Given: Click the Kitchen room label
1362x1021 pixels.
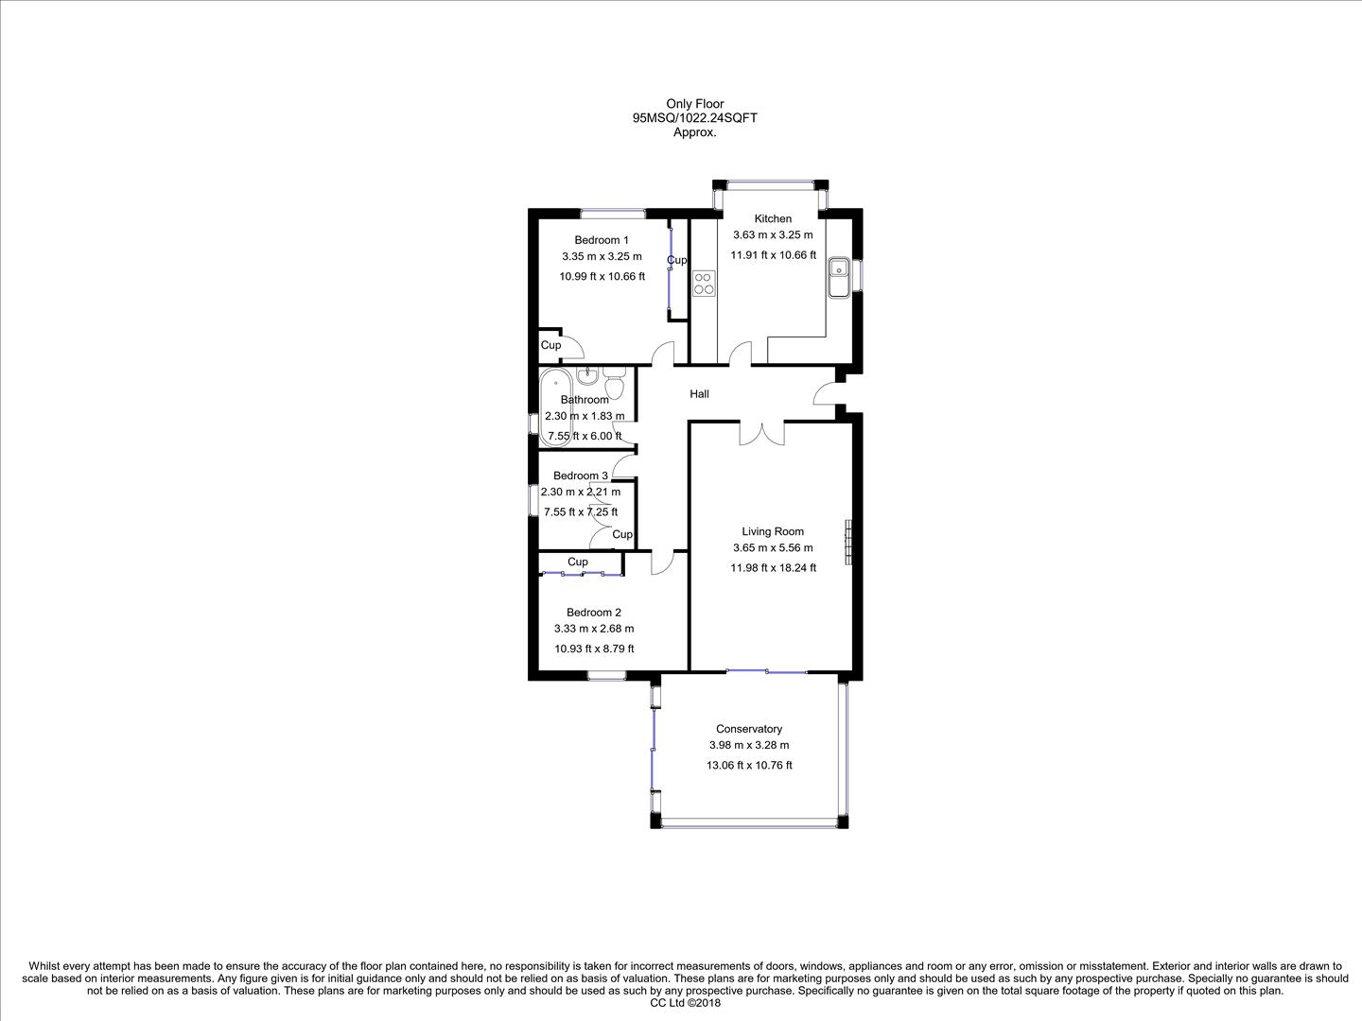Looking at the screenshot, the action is (x=773, y=218).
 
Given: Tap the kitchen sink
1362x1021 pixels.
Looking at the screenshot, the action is (x=839, y=277).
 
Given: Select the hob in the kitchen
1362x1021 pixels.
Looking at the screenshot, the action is (x=703, y=283).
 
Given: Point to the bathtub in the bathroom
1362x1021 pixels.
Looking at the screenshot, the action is (x=555, y=407).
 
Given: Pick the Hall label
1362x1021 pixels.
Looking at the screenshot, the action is (x=699, y=394).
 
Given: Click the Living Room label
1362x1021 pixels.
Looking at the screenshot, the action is (x=773, y=531).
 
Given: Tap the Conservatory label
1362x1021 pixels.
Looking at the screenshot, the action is (x=749, y=729).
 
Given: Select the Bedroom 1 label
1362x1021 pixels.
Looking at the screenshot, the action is (x=602, y=240).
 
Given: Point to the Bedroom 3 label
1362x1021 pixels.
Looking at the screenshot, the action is (x=581, y=476).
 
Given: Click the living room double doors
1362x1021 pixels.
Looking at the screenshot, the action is (x=762, y=433).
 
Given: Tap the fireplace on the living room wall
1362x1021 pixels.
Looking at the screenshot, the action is (x=849, y=542).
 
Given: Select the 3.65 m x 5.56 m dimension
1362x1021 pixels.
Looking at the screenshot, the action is (x=773, y=548).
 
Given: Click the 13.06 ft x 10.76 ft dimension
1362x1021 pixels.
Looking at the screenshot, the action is (x=749, y=766).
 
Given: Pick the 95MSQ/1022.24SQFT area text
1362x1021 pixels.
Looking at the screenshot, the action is (x=695, y=118).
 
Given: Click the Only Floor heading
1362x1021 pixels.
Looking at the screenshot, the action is (x=695, y=104).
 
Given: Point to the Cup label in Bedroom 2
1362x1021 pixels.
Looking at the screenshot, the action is (x=578, y=562).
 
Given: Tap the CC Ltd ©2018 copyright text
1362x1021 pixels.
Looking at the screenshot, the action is (x=686, y=1004).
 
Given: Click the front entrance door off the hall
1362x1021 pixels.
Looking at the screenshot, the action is (x=829, y=393).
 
